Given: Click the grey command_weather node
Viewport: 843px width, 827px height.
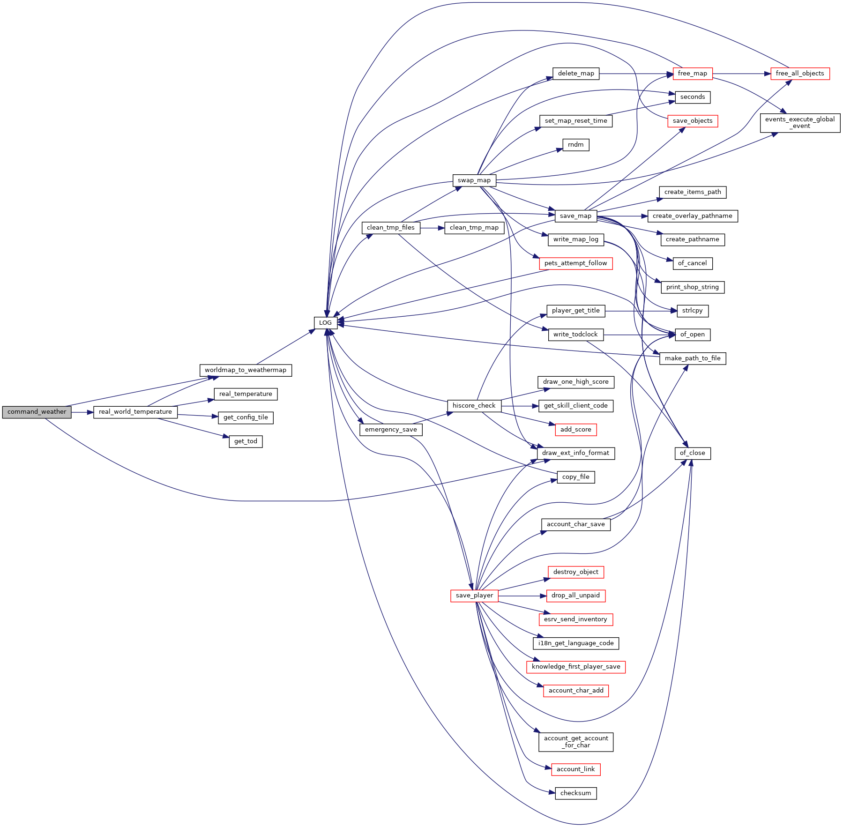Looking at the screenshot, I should [x=37, y=412].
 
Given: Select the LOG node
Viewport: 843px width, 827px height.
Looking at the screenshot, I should [x=325, y=323].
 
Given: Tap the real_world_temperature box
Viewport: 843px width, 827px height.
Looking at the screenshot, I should [x=135, y=412].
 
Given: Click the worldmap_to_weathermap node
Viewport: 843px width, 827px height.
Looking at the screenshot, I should [x=245, y=370].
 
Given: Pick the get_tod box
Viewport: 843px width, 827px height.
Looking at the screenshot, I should [x=246, y=441].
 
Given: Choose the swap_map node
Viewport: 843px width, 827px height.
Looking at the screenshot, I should [x=474, y=180].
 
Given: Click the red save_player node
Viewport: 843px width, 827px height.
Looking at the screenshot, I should [x=474, y=596].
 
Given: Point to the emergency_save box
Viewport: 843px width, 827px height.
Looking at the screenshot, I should [x=390, y=430].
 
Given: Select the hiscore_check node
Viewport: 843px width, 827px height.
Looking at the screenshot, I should [x=474, y=406].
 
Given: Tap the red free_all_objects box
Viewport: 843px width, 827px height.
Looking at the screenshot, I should [x=799, y=74].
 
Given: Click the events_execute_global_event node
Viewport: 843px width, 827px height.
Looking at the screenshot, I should [x=799, y=123].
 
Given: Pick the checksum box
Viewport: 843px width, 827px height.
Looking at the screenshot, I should [x=575, y=793].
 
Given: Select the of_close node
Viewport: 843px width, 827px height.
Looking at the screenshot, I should [x=692, y=453].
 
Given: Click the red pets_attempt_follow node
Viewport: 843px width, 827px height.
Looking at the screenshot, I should [x=575, y=263].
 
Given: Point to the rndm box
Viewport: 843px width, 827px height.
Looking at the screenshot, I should [x=575, y=145].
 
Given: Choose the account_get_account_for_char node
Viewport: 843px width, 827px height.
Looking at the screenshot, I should [x=575, y=742].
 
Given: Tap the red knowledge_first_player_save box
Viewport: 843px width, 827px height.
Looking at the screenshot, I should [x=575, y=667].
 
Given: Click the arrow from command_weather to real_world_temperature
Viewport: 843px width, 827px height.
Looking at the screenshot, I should [x=82, y=412].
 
